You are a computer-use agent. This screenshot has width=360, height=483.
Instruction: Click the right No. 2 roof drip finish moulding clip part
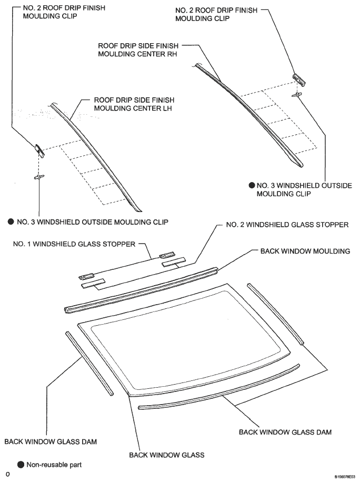tap(298, 78)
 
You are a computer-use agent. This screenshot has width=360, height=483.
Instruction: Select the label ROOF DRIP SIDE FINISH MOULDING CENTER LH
tap(134, 104)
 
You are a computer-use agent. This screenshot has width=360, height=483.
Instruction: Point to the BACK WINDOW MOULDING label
tap(305, 251)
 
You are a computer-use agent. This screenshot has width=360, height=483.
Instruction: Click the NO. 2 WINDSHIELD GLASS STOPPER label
tap(287, 225)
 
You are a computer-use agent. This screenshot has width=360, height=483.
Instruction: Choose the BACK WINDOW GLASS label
tap(167, 454)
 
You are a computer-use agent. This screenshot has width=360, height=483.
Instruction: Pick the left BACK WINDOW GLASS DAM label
tap(51, 441)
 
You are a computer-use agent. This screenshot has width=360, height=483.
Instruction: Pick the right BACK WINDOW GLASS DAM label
tap(285, 432)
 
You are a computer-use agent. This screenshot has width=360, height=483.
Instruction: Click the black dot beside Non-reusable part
tap(21, 465)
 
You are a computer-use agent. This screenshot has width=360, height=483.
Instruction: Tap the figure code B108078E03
tap(345, 476)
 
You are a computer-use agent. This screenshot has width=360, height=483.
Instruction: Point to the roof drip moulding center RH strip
tap(247, 110)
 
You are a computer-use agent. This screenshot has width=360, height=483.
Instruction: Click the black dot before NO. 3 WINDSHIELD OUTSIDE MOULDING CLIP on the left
tap(11, 222)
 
